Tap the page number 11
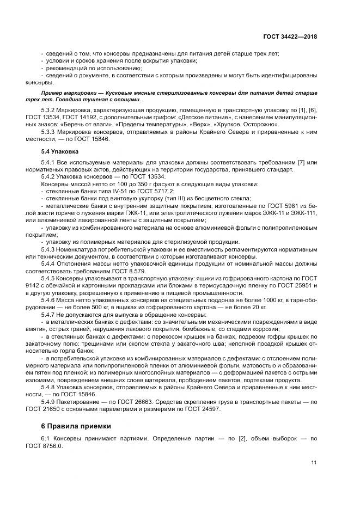pos(314,463)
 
